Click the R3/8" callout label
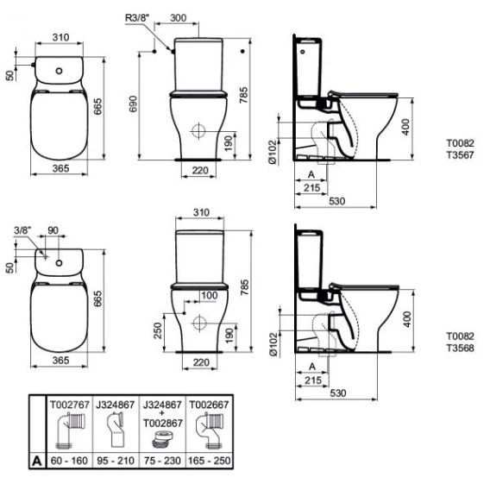(x=137, y=18)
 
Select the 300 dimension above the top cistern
(x=178, y=18)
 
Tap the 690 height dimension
(x=133, y=104)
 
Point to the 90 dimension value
(x=53, y=230)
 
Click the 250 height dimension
(x=158, y=330)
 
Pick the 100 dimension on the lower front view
(x=210, y=295)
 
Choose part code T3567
(x=460, y=154)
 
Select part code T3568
(x=460, y=348)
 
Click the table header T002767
(x=70, y=405)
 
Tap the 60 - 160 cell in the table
(x=69, y=461)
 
